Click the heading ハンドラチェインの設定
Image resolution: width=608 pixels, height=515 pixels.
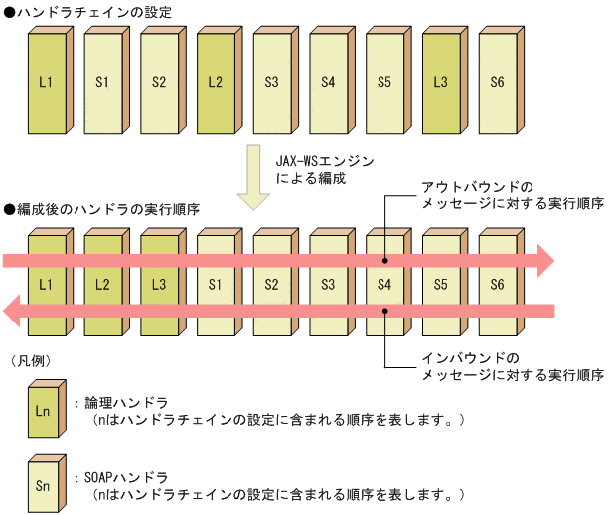tap(93, 12)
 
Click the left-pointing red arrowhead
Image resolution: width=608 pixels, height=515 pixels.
tap(14, 312)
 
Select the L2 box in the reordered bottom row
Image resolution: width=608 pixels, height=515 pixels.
tap(102, 285)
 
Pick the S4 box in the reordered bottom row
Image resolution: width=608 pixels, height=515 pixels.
tap(384, 285)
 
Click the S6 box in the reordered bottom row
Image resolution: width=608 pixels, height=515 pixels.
tap(497, 285)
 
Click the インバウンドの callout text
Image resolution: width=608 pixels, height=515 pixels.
tap(471, 356)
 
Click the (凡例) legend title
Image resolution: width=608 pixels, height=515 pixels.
tap(29, 359)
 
